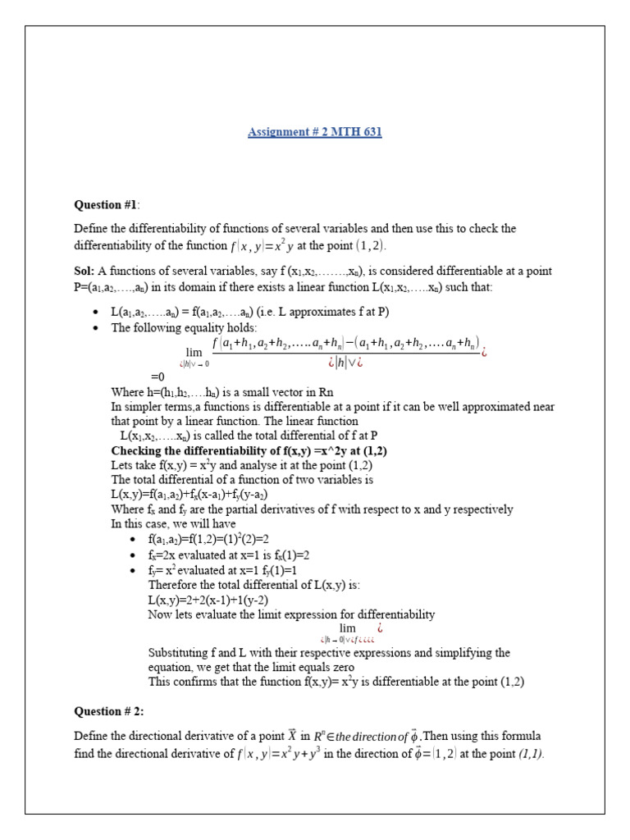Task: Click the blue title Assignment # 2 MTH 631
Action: [315, 131]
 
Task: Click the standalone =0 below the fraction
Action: [157, 377]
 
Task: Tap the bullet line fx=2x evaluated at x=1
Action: [229, 555]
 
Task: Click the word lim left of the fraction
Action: [194, 349]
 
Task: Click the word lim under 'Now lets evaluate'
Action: [348, 628]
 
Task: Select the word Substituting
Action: [179, 652]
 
